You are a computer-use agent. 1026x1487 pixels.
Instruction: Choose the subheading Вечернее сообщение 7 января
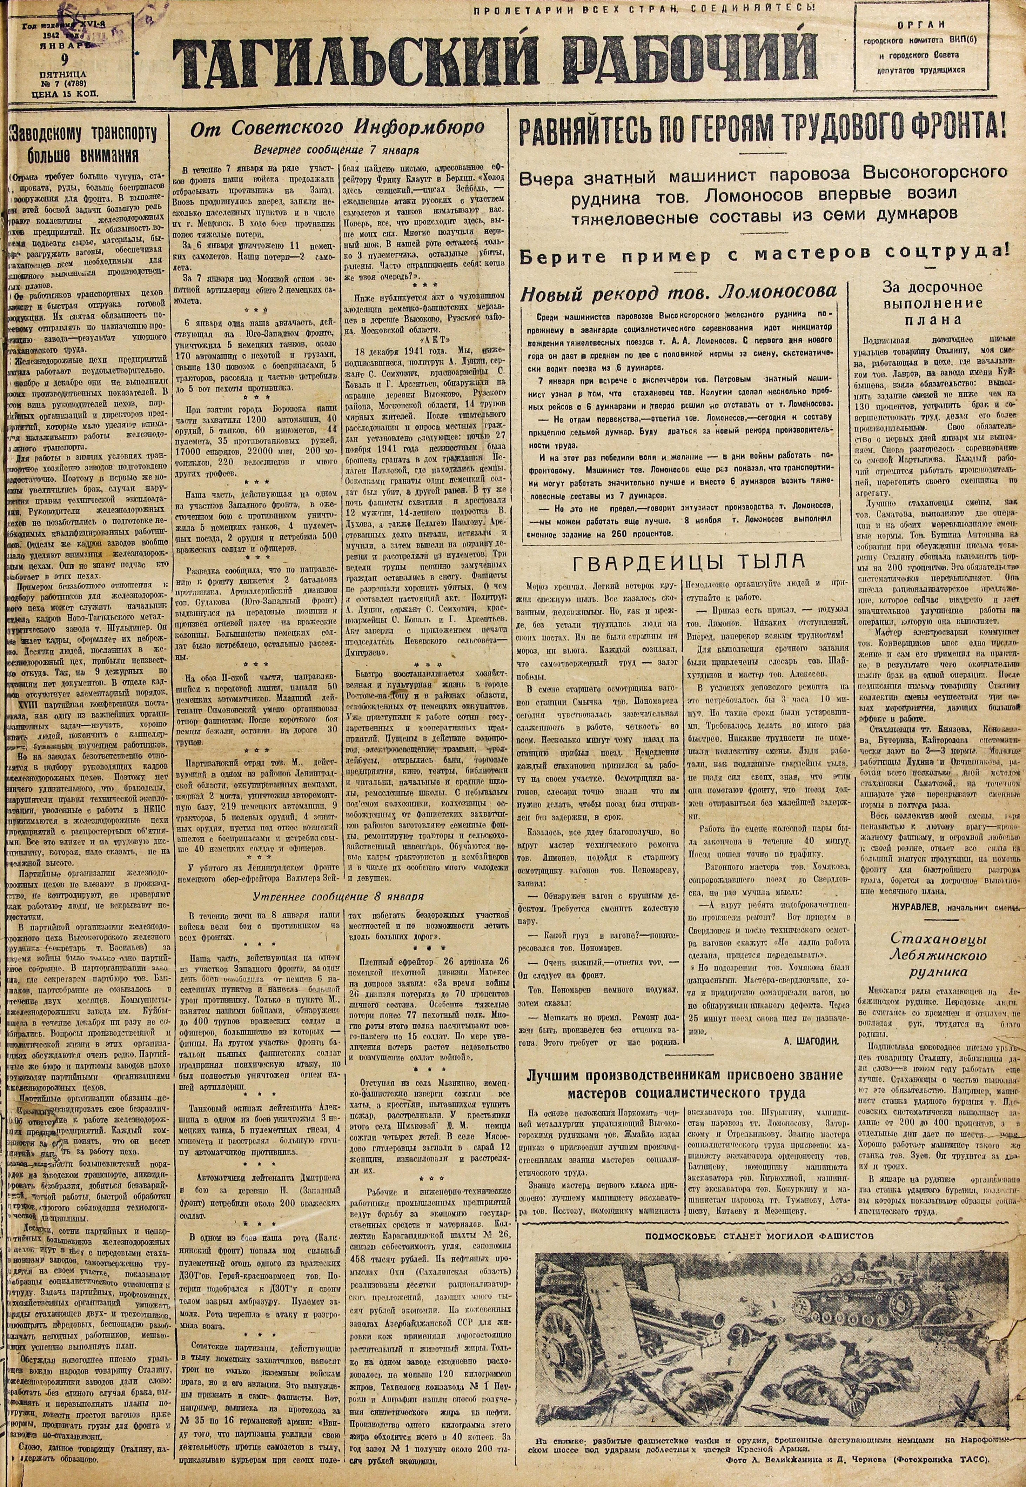[x=336, y=151]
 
